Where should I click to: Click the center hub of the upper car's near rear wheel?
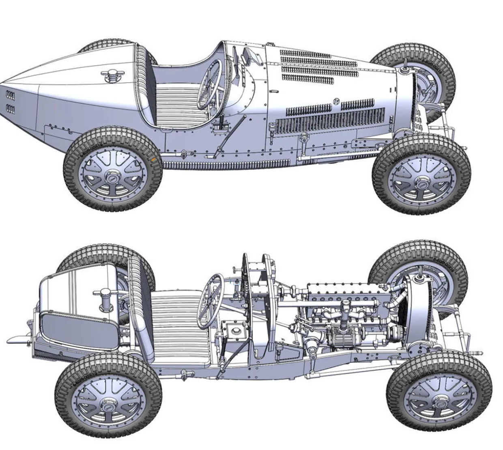click(x=112, y=175)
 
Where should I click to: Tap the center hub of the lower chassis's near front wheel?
click(x=439, y=402)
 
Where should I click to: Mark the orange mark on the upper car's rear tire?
click(x=153, y=160)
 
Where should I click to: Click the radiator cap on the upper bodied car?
click(x=404, y=70)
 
